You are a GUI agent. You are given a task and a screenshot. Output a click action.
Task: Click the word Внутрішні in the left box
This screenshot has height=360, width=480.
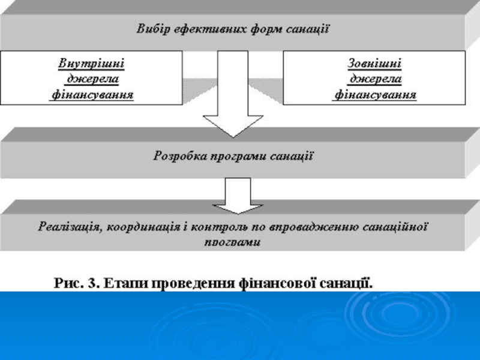91,62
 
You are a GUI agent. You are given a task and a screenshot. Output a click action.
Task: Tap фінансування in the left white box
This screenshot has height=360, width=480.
91,95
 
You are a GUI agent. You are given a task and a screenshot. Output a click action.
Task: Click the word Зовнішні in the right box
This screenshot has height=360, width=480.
375,62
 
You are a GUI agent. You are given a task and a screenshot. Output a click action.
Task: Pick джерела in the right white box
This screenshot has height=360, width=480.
375,79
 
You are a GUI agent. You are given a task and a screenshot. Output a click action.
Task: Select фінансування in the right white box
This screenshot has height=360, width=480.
375,95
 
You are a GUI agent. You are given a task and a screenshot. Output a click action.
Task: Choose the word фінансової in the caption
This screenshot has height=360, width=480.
270,281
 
